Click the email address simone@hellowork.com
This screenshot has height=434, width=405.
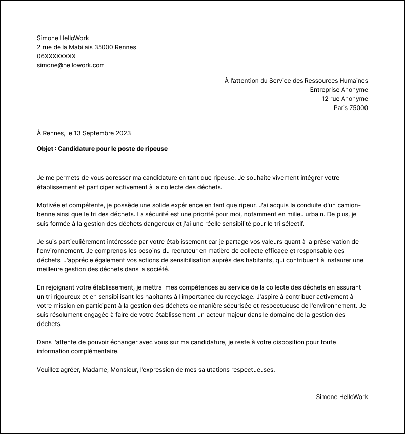click(x=71, y=65)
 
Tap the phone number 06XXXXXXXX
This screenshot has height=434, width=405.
click(x=56, y=56)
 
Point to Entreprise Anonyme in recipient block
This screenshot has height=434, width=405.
click(x=339, y=90)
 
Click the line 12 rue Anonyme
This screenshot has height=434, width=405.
click(x=345, y=99)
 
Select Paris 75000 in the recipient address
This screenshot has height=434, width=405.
click(x=350, y=108)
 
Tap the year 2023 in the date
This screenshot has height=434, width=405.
click(x=123, y=133)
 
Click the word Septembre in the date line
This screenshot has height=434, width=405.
click(x=98, y=133)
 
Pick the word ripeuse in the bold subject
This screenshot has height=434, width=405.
click(x=155, y=149)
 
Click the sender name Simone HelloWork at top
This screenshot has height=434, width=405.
click(x=63, y=38)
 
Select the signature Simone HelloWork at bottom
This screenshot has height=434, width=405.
click(x=342, y=397)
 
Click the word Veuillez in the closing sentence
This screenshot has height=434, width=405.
click(x=49, y=370)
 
